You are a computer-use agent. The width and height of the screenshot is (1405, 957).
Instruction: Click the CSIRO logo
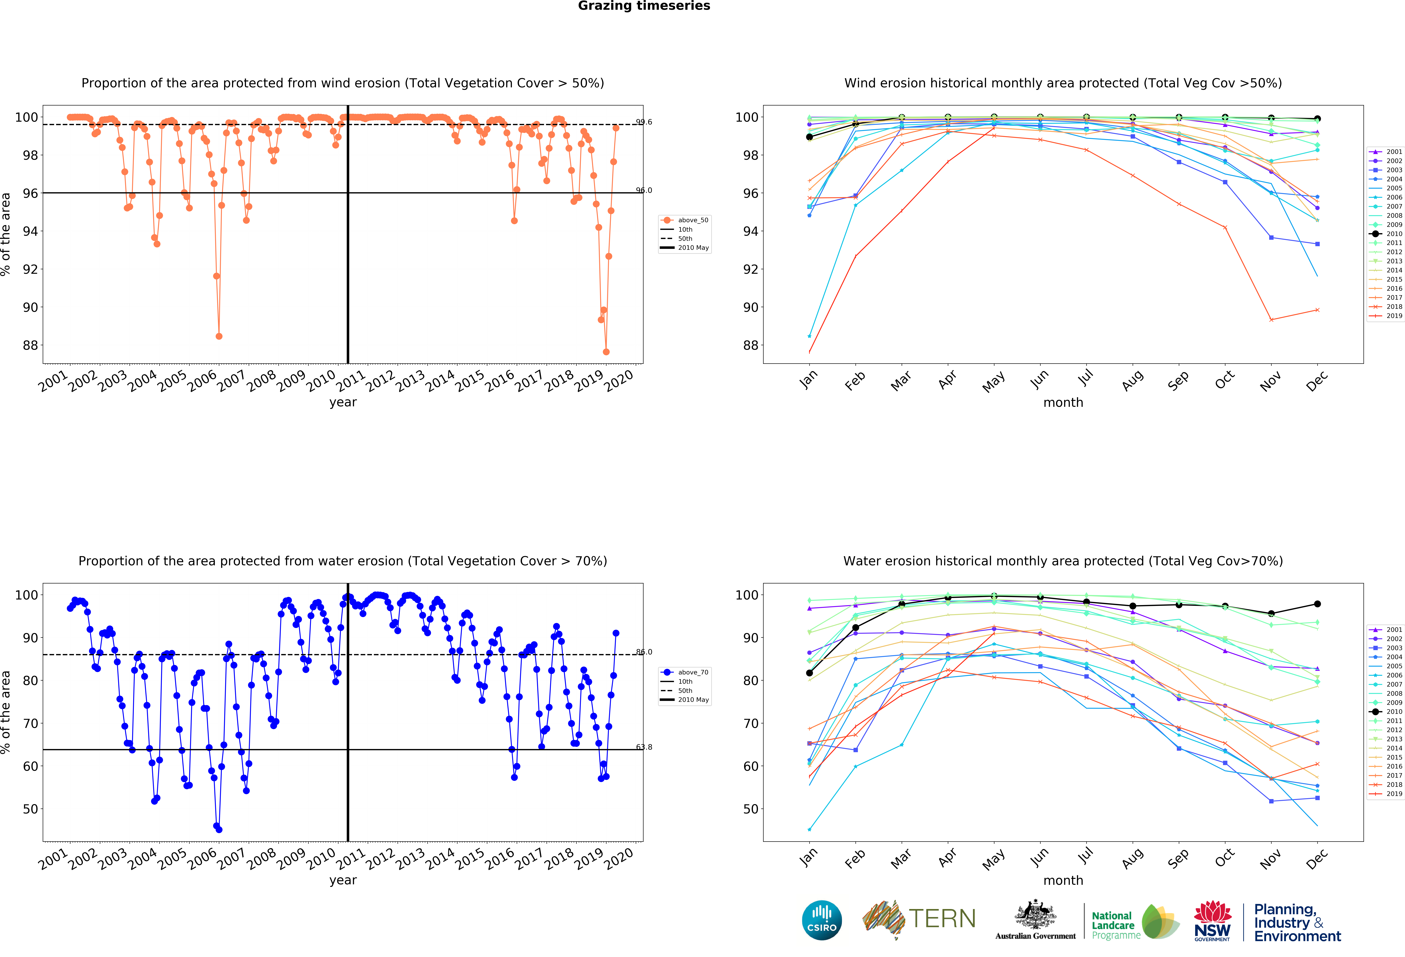pyautogui.click(x=822, y=920)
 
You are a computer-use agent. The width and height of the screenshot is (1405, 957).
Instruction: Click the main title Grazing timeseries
pyautogui.click(x=644, y=6)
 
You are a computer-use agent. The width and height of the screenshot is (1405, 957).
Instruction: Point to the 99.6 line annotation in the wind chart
pyautogui.click(x=644, y=122)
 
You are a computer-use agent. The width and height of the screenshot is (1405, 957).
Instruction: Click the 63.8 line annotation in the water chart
pyautogui.click(x=644, y=747)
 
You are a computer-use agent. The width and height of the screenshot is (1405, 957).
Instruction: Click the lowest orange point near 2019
pyautogui.click(x=606, y=352)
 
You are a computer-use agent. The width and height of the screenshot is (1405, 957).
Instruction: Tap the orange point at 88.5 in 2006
pyautogui.click(x=219, y=336)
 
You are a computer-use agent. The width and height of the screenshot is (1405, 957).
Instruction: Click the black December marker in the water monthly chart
pyautogui.click(x=1317, y=604)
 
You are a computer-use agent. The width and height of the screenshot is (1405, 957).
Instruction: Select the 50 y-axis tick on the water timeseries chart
pyautogui.click(x=30, y=809)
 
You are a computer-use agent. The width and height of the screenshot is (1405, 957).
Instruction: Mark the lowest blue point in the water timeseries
pyautogui.click(x=219, y=829)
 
